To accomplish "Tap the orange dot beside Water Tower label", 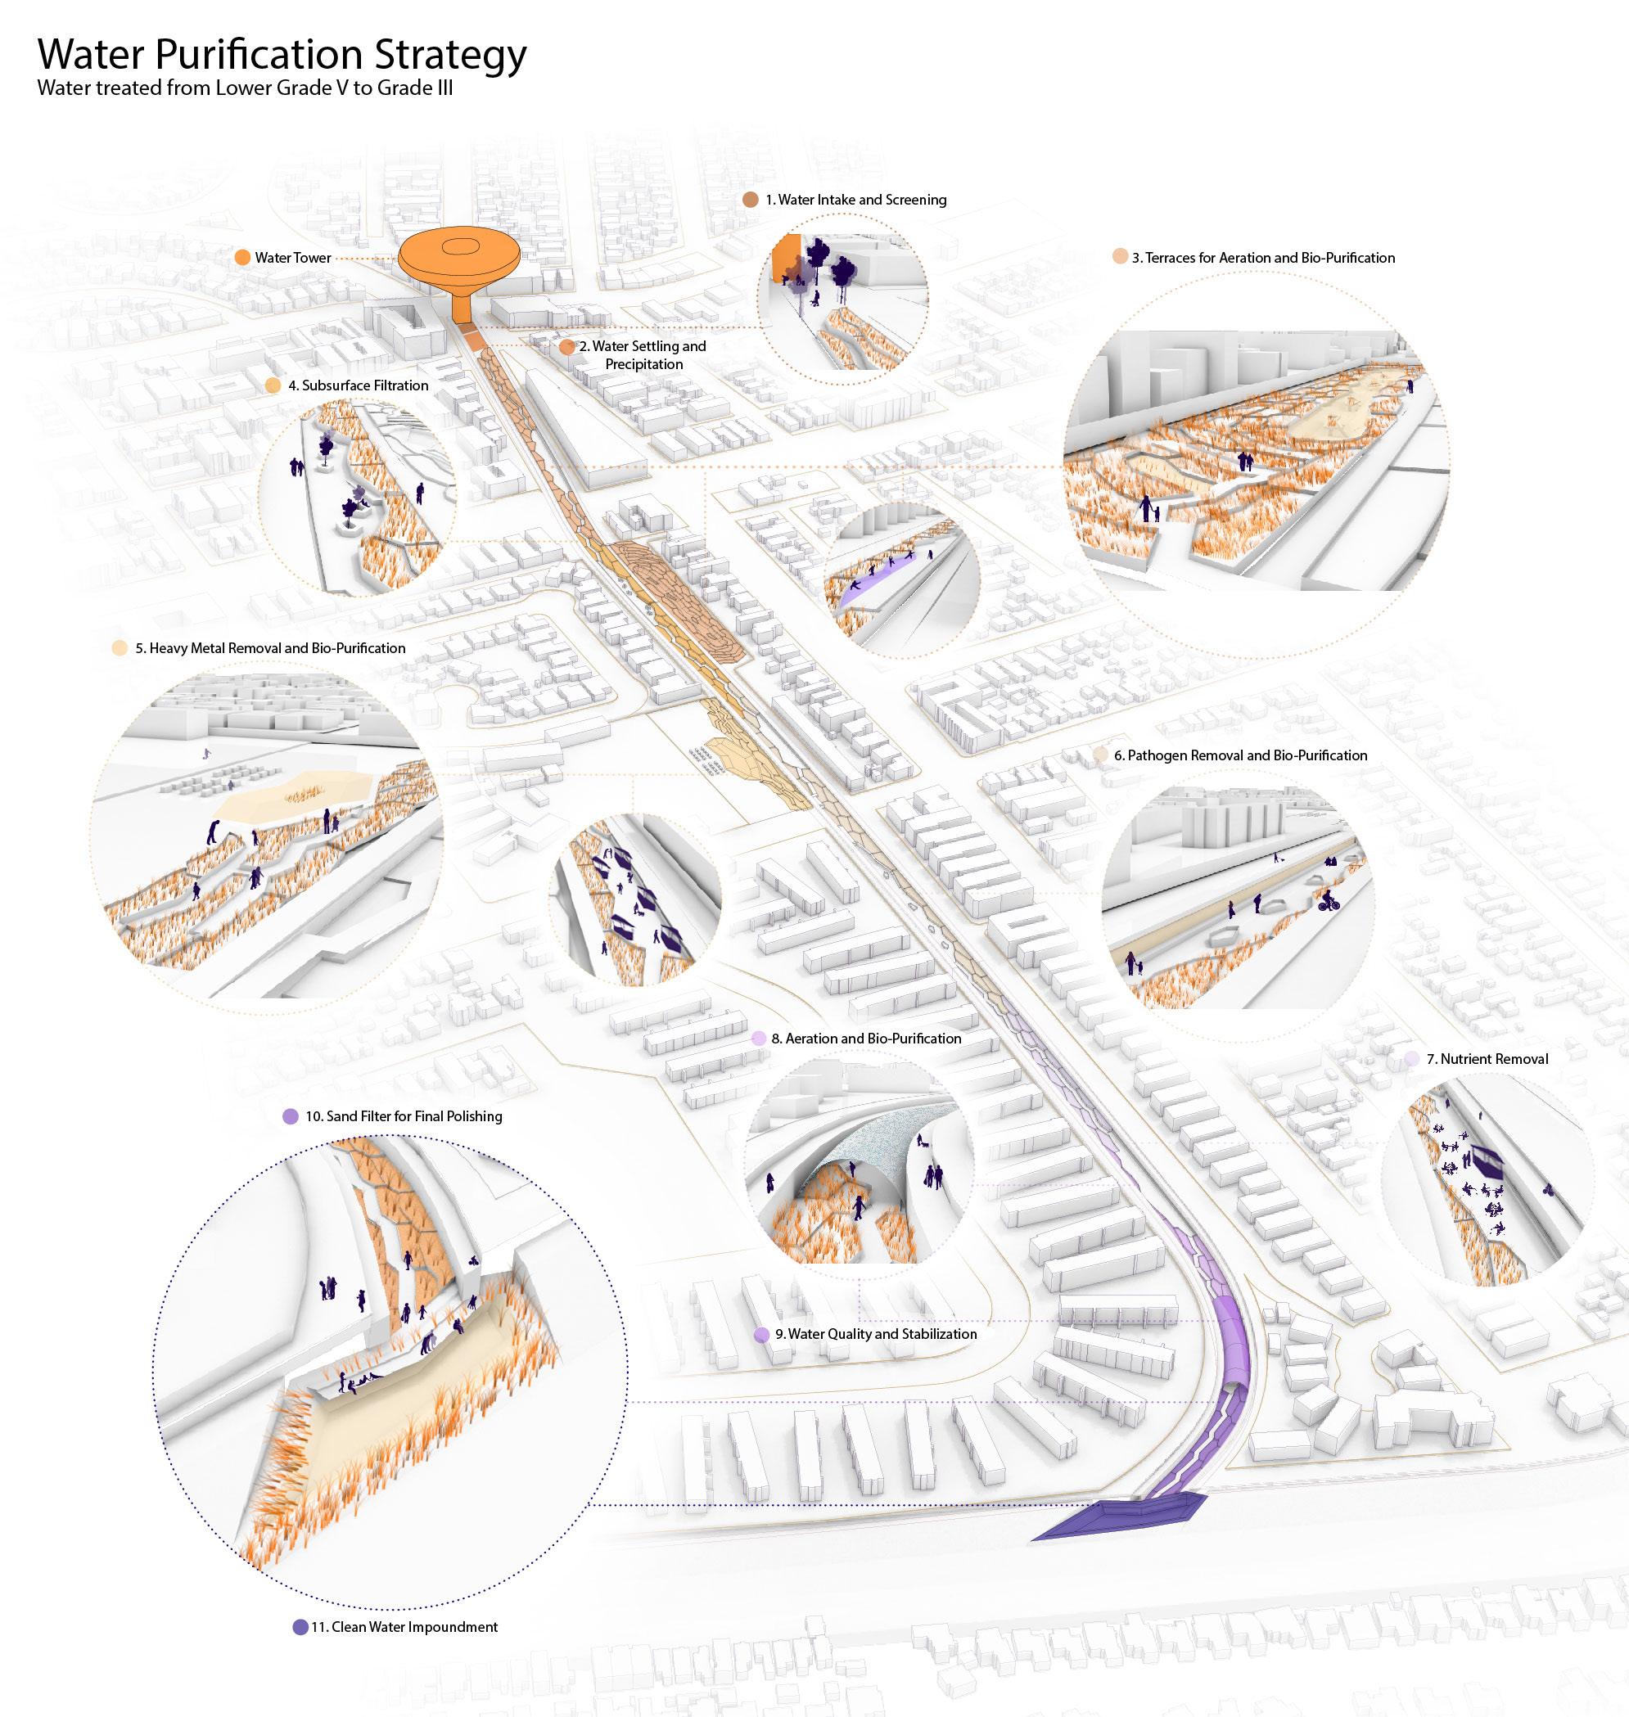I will [243, 258].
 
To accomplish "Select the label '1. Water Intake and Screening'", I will [855, 200].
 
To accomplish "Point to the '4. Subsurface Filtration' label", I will [358, 385].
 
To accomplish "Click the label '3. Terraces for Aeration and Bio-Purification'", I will [1262, 258].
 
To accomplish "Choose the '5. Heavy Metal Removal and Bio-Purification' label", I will [270, 648].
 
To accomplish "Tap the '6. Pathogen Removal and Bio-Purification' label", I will [1240, 755].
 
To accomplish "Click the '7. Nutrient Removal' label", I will [1487, 1059].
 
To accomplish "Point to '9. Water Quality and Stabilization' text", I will [875, 1334].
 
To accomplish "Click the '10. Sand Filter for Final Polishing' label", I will [403, 1116].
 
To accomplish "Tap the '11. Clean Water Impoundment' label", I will [404, 1627].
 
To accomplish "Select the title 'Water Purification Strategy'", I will [282, 54].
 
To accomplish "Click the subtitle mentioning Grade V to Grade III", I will [245, 88].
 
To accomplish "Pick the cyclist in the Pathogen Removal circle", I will [1329, 899].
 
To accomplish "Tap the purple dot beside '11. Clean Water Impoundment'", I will [300, 1627].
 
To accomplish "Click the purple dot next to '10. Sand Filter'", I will [291, 1116].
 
